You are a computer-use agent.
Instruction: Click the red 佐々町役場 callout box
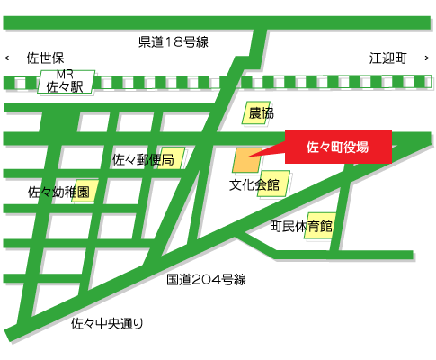point(338,147)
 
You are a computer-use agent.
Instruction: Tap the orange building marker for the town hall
point(247,160)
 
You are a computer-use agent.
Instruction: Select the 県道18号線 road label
point(174,41)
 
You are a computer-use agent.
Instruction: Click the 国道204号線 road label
point(206,280)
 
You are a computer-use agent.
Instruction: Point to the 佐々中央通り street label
point(107,322)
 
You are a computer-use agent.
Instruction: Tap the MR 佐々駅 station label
point(64,83)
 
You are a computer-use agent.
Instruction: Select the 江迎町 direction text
point(387,58)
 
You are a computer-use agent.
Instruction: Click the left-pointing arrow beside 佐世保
point(12,58)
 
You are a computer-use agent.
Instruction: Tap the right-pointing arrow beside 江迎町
point(423,58)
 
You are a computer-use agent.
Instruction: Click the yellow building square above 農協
point(256,112)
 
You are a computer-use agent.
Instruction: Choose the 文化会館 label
point(254,185)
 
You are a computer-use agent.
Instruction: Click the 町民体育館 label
point(301,226)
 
